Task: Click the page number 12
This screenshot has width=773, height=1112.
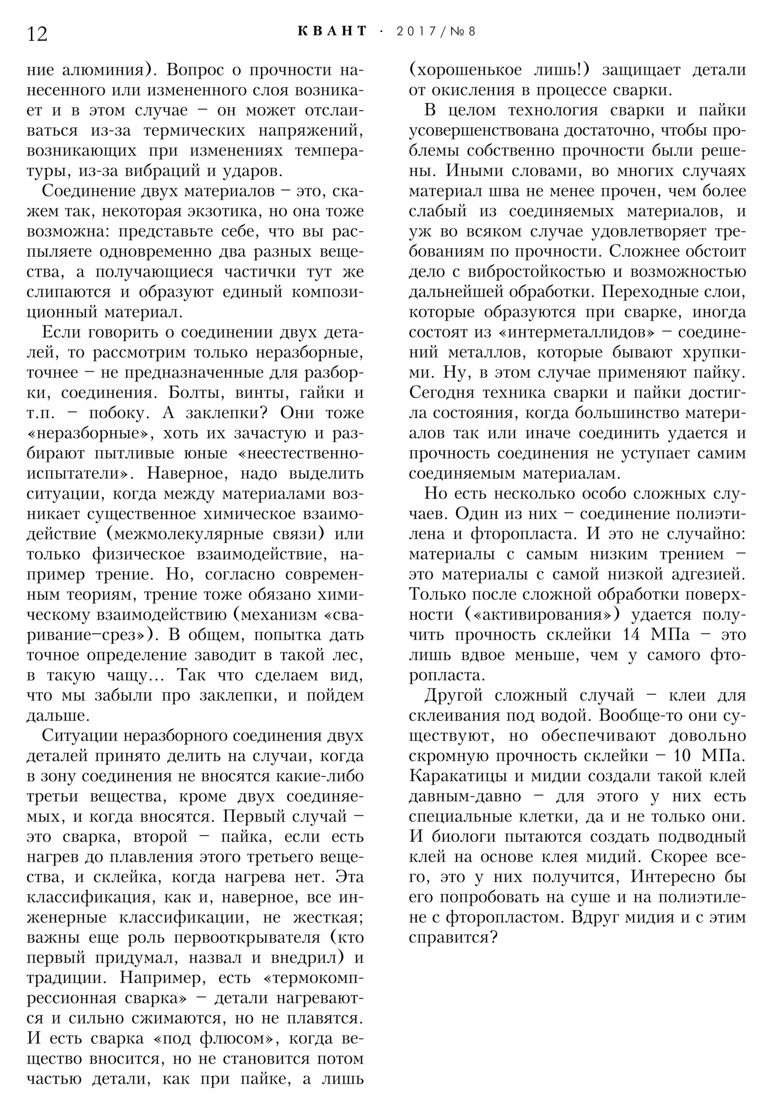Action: click(x=37, y=34)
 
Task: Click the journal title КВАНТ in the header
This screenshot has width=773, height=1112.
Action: click(x=332, y=31)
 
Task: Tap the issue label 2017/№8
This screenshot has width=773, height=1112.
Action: click(x=436, y=31)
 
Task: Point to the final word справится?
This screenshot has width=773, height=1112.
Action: click(x=453, y=937)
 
